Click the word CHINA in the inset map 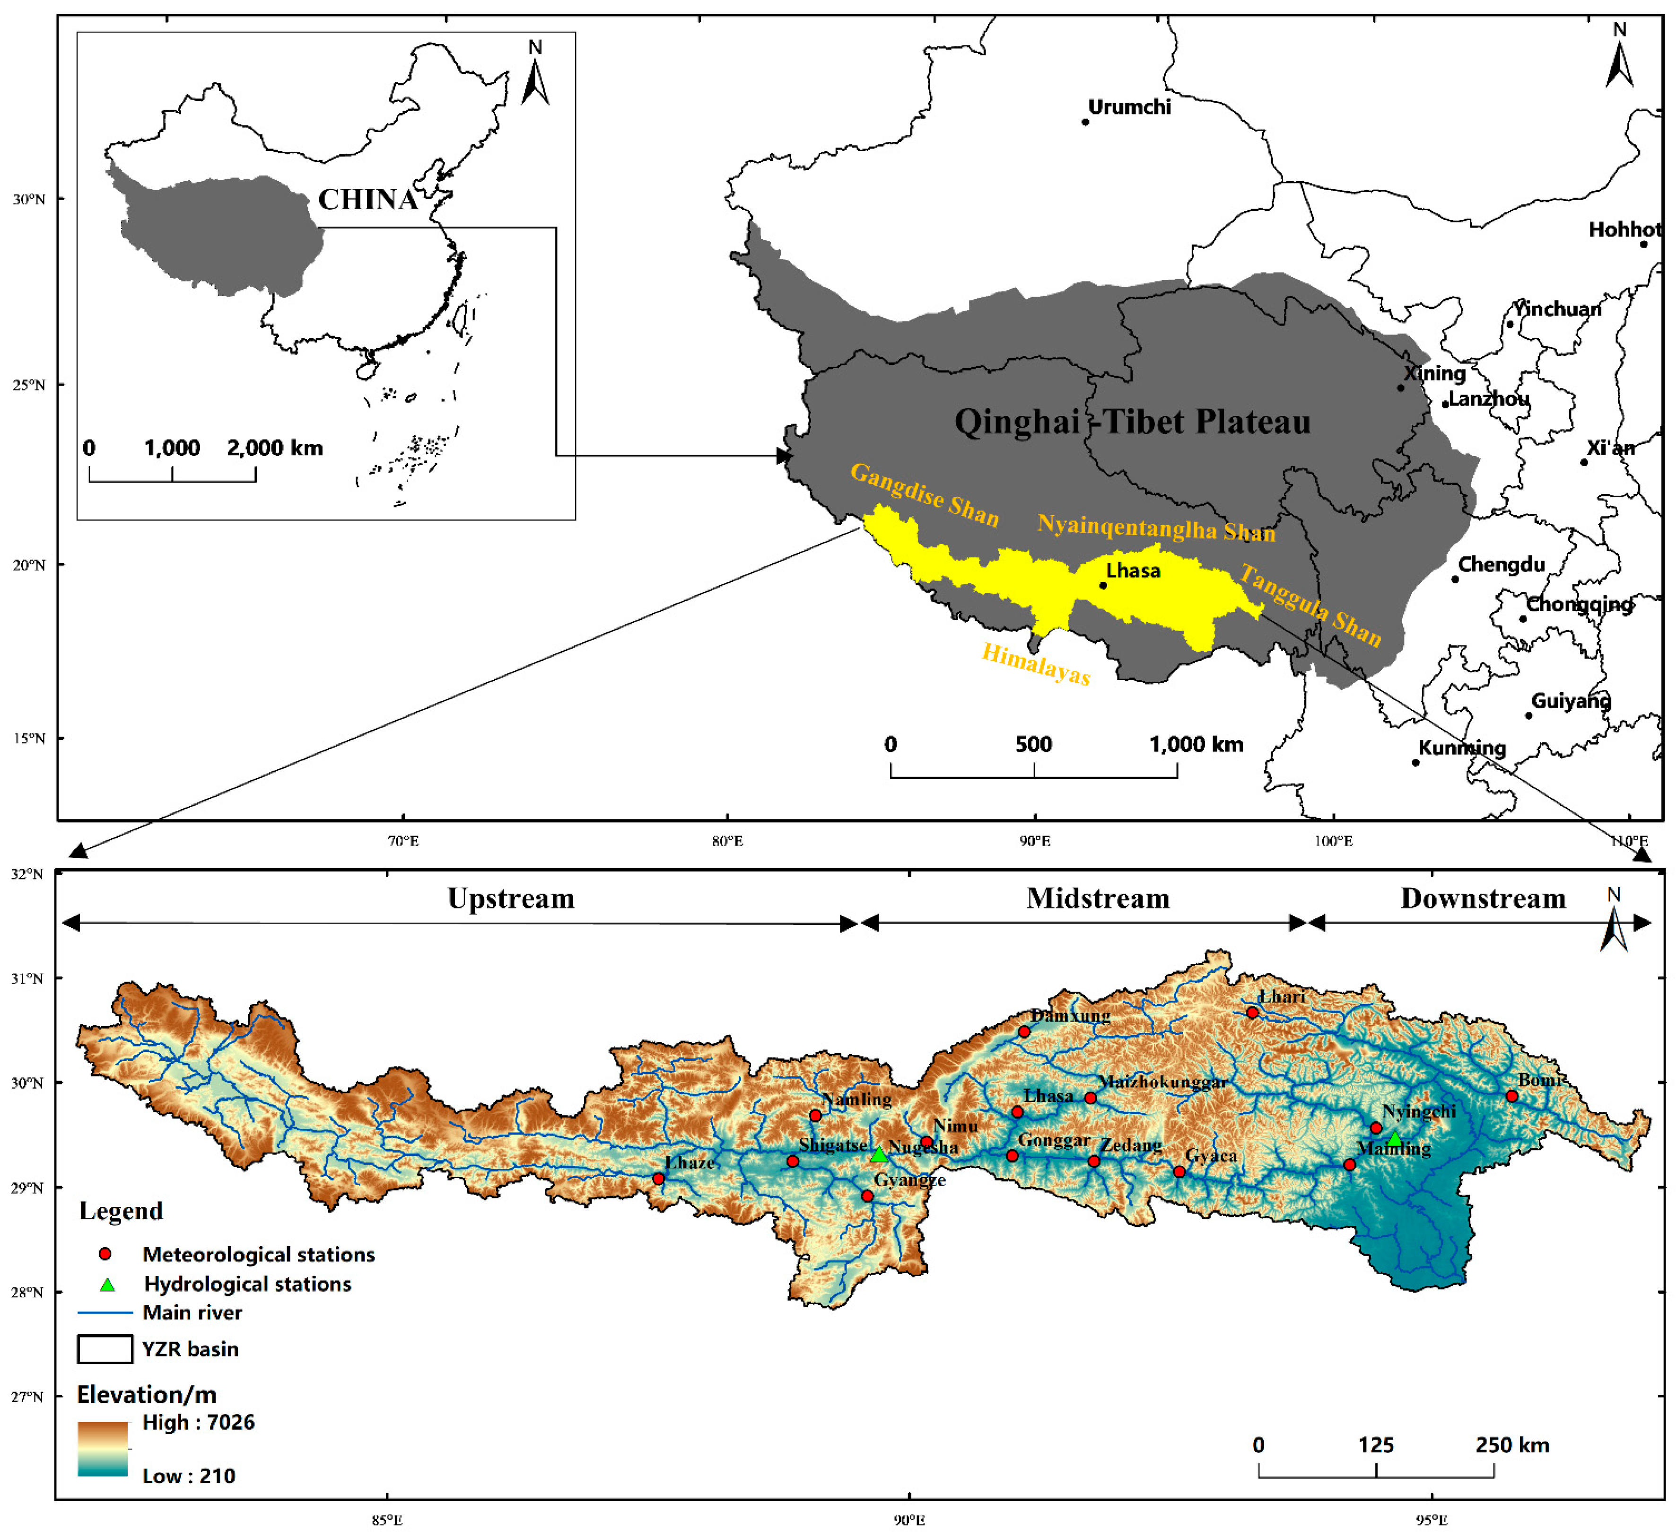tap(367, 200)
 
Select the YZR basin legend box tap(105, 1349)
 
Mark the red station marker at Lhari tap(1252, 1013)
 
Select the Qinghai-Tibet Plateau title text tap(1132, 422)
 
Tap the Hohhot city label tap(1625, 229)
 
